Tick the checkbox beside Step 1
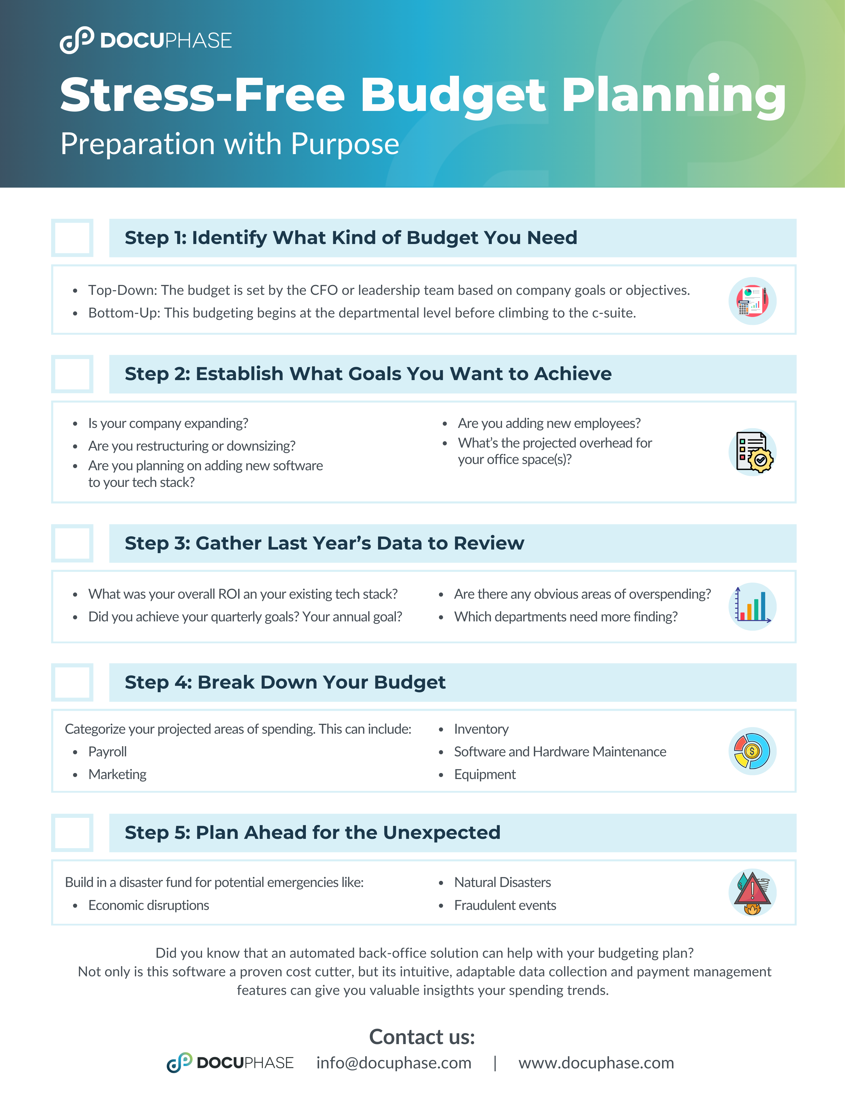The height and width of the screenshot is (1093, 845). [72, 238]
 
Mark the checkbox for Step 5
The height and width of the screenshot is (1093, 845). [72, 833]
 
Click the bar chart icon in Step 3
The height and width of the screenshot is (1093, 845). [752, 606]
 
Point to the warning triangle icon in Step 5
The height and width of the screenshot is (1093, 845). [752, 892]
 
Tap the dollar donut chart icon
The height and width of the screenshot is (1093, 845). [752, 751]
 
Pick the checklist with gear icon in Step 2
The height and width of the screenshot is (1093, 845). [752, 451]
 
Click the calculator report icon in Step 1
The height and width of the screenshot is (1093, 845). [752, 301]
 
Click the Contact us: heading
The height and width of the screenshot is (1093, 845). [422, 1036]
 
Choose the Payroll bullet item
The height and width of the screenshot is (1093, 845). [108, 752]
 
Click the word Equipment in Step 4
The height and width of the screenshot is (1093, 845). [485, 774]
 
